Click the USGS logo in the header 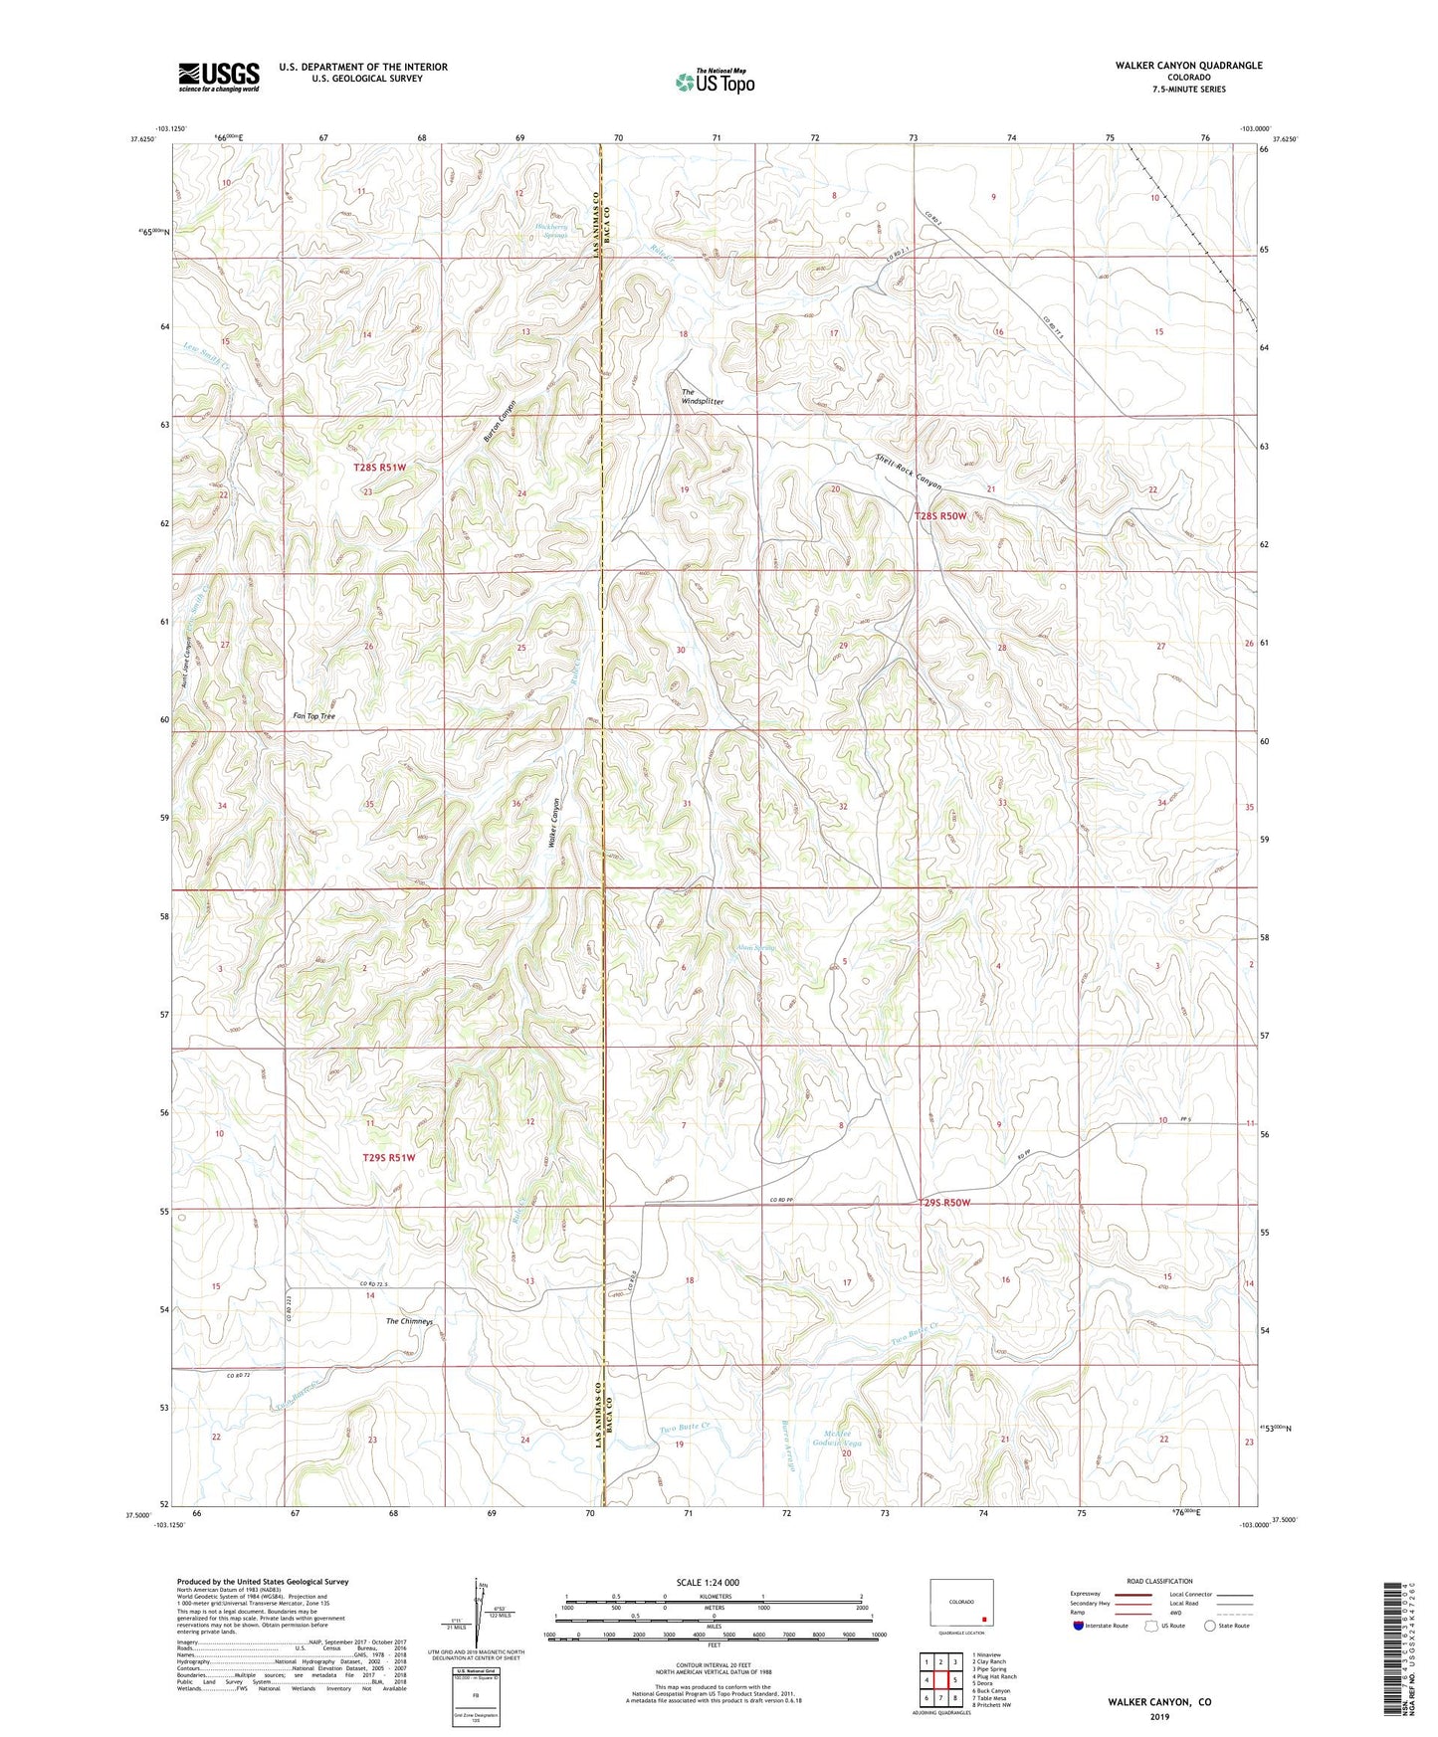(219, 78)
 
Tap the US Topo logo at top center (715, 82)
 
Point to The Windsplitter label (702, 397)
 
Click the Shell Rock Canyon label (908, 472)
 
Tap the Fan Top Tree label (313, 716)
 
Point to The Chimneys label (409, 1322)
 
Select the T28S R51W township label (379, 467)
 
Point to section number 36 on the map (515, 803)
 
